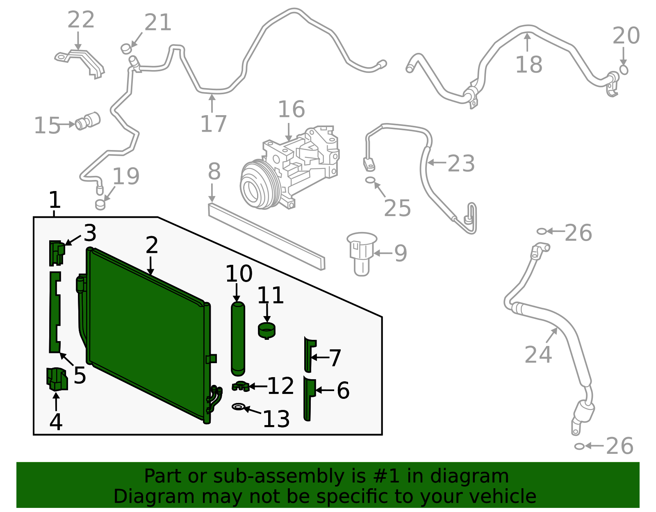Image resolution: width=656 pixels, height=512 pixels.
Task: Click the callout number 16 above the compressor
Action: [291, 109]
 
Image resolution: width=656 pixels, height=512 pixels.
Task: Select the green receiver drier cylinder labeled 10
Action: [238, 338]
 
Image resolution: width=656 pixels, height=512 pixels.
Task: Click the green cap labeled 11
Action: [266, 330]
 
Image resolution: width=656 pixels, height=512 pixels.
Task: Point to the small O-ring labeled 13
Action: [238, 407]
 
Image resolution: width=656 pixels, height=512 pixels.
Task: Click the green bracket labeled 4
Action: [57, 379]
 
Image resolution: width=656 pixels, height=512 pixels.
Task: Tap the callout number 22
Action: [81, 20]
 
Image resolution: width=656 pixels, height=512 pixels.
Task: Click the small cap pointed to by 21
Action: [126, 49]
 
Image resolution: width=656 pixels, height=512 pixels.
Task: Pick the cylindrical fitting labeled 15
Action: [88, 121]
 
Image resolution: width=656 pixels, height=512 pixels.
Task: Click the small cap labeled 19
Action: [100, 204]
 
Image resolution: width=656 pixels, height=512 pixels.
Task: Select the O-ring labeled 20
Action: [624, 70]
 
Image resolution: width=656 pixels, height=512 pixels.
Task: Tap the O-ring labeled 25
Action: [370, 180]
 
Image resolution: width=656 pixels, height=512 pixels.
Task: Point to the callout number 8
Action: [214, 171]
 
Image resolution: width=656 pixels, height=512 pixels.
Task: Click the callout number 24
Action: [538, 355]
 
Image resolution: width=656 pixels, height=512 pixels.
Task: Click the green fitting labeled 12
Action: [241, 386]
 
